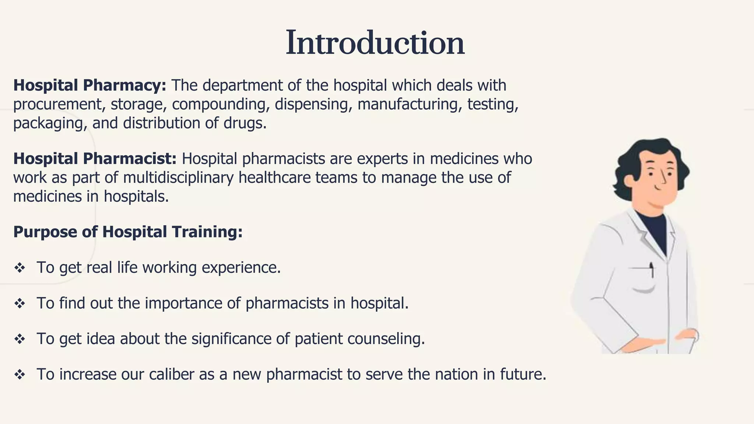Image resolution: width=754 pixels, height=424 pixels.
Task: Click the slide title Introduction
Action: [375, 43]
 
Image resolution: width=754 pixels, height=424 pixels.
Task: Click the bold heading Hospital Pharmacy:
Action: [90, 85]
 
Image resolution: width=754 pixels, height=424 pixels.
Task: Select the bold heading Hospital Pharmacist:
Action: [95, 159]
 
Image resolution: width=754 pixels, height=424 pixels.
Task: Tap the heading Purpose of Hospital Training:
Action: [128, 232]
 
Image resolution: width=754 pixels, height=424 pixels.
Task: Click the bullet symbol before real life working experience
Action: [20, 268]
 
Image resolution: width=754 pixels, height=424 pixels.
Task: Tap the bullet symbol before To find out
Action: [20, 304]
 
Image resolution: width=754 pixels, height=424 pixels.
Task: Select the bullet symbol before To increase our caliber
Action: [20, 375]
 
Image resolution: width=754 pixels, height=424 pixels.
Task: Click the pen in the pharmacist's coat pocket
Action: [652, 269]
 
